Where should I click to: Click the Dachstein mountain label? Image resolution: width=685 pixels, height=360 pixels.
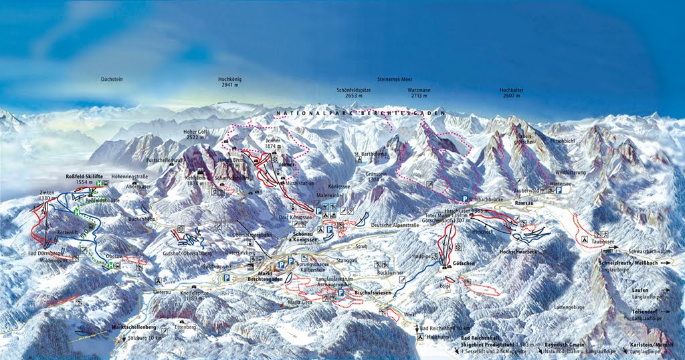click(x=112, y=80)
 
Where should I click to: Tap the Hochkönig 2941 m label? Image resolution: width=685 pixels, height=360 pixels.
click(x=229, y=82)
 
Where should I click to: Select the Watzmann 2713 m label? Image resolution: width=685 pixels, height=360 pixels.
click(x=421, y=92)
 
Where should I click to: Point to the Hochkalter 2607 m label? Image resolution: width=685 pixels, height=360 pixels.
click(x=511, y=92)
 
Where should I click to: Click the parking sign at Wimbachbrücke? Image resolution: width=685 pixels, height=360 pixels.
click(x=464, y=199)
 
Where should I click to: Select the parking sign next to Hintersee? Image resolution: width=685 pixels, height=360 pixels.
click(x=558, y=190)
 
